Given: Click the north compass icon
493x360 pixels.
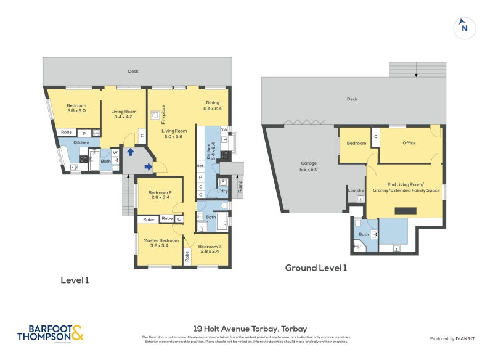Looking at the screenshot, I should [x=465, y=28].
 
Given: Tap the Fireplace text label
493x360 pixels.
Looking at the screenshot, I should [x=163, y=115].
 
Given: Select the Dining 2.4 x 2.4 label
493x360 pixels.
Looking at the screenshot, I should [x=212, y=105].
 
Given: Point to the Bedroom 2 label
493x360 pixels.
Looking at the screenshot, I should [x=159, y=195].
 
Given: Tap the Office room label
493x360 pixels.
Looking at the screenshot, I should [x=409, y=143].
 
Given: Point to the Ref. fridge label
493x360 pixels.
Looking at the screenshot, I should [x=200, y=166].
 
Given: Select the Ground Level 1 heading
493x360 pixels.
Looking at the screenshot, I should [x=316, y=268].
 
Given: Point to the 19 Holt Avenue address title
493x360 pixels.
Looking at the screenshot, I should [x=246, y=329].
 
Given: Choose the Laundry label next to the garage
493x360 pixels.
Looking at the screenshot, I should [x=356, y=190].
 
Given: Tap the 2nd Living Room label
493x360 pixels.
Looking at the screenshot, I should [x=404, y=187].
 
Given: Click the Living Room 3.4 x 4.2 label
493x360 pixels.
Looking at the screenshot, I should [x=124, y=115].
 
